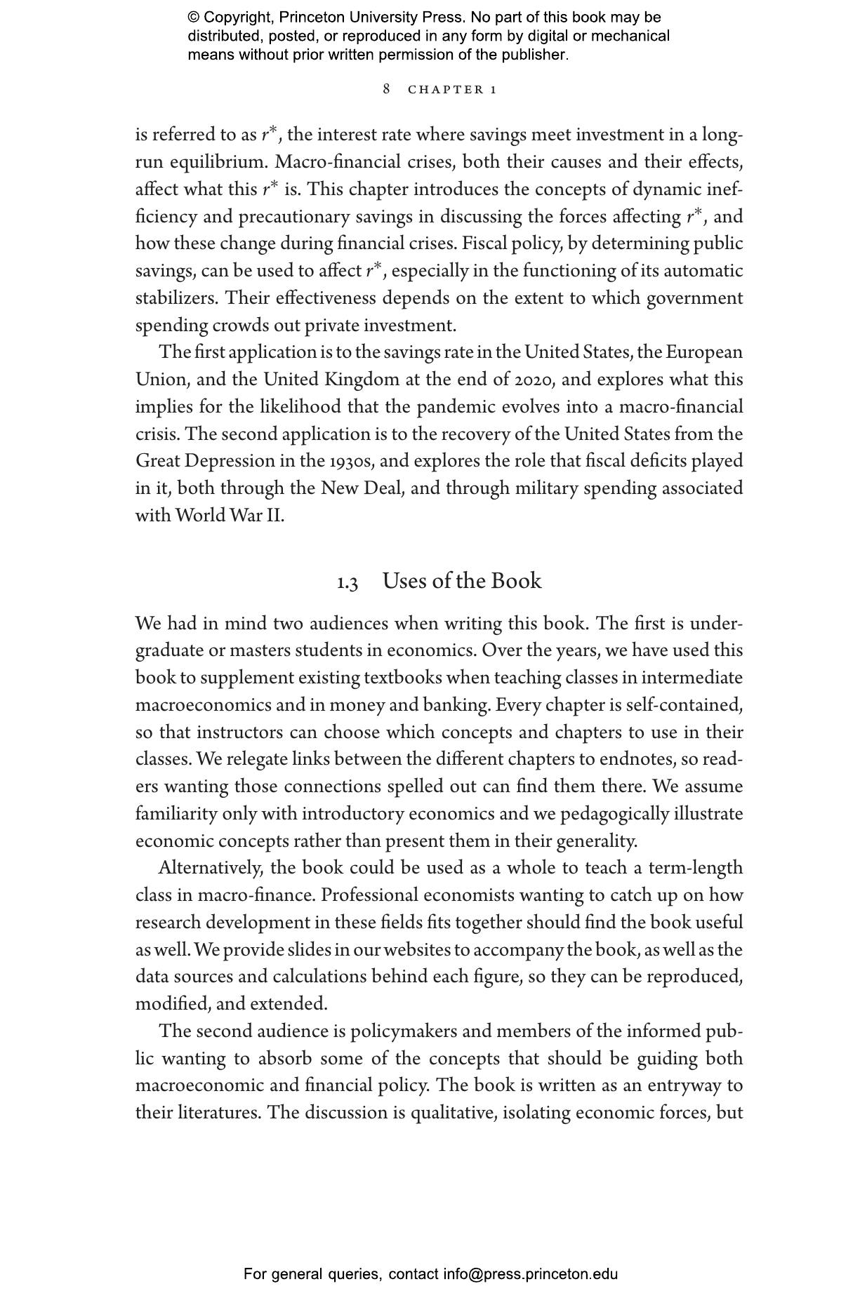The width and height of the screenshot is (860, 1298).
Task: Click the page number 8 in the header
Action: (x=386, y=89)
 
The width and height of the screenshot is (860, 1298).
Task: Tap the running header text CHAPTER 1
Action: (x=453, y=90)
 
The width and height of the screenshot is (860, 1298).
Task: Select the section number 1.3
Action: (x=348, y=583)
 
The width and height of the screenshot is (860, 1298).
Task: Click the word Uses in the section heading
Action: (x=404, y=581)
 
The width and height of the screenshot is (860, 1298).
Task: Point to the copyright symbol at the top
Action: (x=193, y=18)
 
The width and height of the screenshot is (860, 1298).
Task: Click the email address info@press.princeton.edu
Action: (x=530, y=1274)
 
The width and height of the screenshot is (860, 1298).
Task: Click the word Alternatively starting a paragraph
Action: (x=211, y=868)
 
